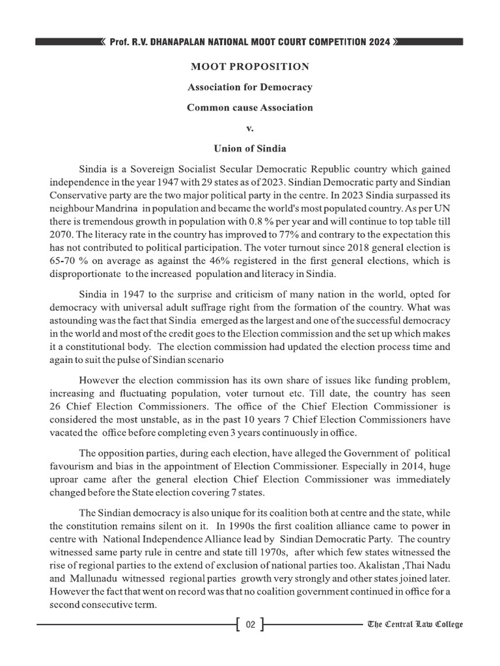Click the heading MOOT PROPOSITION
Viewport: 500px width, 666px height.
click(x=250, y=67)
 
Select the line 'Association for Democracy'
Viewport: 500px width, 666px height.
click(x=250, y=87)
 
